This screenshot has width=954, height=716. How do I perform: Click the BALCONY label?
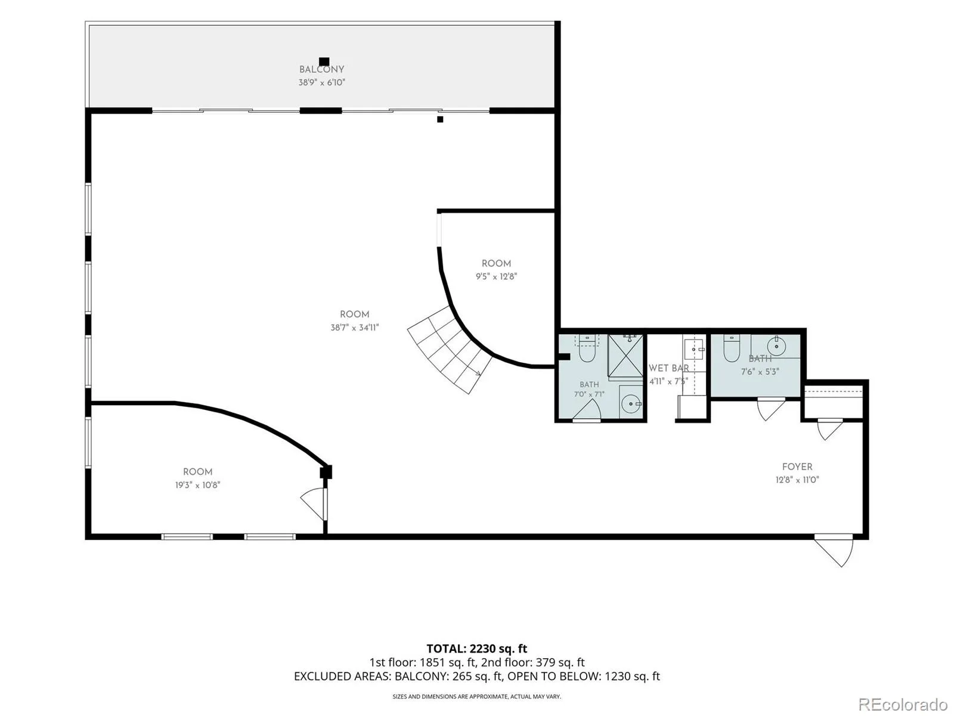[321, 69]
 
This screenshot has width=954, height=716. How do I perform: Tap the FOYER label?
[797, 467]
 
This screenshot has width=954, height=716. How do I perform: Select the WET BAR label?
[668, 368]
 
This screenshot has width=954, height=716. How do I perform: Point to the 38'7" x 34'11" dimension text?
[354, 328]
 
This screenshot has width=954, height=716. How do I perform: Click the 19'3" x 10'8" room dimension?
[198, 484]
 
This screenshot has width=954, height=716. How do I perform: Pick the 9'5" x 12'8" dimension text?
[496, 276]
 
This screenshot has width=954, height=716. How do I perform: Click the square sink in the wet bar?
[693, 350]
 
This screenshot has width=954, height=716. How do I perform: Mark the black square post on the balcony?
[324, 61]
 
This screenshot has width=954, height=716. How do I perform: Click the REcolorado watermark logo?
[903, 703]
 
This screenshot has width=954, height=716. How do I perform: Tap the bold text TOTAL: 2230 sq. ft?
[477, 649]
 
